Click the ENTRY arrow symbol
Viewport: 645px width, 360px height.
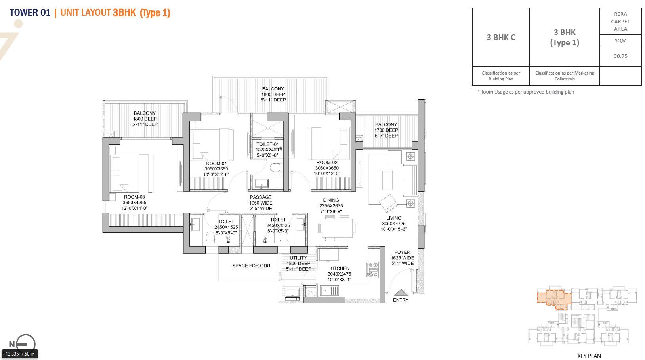pyautogui.click(x=401, y=292)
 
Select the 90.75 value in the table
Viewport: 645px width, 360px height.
pyautogui.click(x=620, y=56)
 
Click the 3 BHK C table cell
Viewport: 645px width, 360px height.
pyautogui.click(x=501, y=37)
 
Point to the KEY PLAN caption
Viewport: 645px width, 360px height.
pyautogui.click(x=589, y=356)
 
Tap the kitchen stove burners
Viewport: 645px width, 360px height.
pyautogui.click(x=373, y=269)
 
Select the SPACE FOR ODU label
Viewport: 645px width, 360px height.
pyautogui.click(x=251, y=266)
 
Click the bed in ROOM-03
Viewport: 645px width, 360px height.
pyautogui.click(x=132, y=173)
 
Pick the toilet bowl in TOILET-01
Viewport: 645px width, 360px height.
pyautogui.click(x=275, y=168)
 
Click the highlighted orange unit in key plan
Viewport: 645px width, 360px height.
pyautogui.click(x=554, y=297)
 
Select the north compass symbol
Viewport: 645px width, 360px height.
pyautogui.click(x=25, y=344)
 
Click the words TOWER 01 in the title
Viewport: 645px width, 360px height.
pyautogui.click(x=30, y=13)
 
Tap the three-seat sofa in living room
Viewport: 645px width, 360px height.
pyautogui.click(x=409, y=180)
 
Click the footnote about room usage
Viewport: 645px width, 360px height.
pyautogui.click(x=525, y=92)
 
